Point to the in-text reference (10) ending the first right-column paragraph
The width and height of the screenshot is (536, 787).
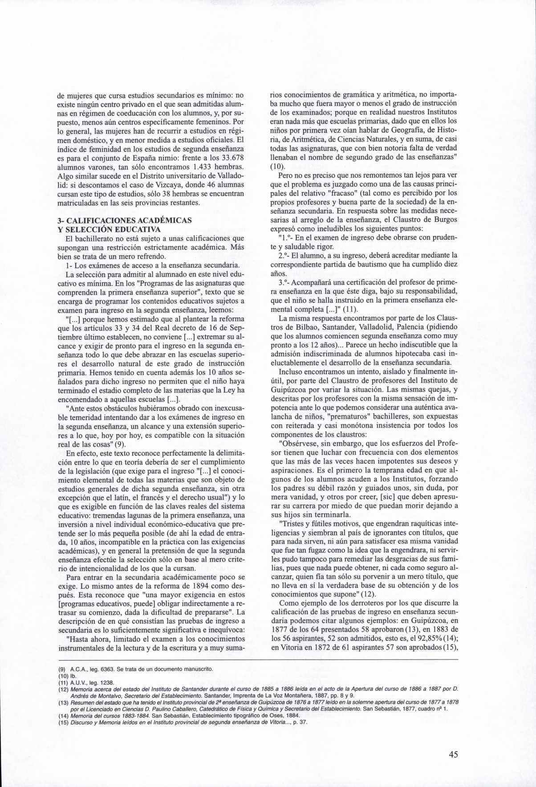(x=277, y=166)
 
